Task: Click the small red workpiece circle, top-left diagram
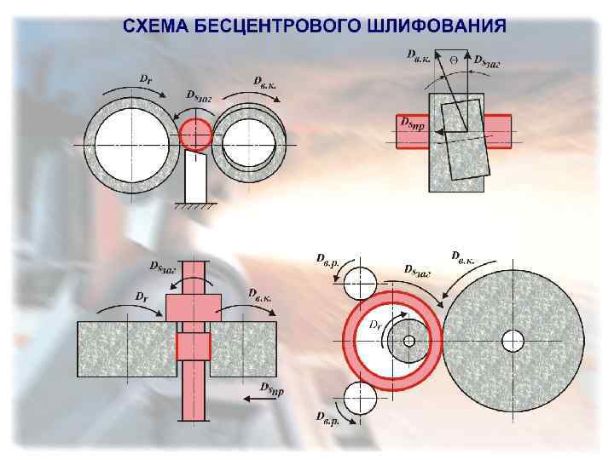pos(195,135)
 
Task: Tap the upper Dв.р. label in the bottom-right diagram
pos(328,257)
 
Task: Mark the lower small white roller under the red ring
pos(360,399)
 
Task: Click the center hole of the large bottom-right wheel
pos(512,341)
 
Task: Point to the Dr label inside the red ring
pos(375,325)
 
